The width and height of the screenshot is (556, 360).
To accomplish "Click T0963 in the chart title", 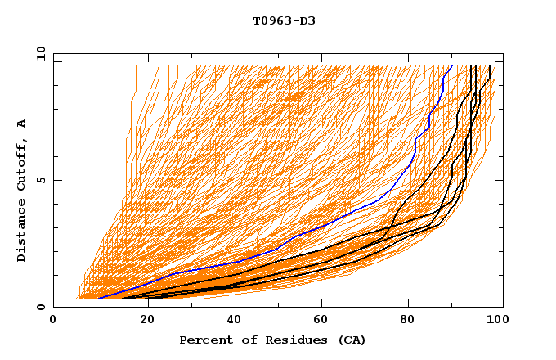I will tap(270, 21).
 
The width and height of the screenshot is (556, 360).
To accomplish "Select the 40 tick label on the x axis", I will tap(233, 321).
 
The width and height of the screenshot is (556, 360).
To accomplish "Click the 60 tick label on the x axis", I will tap(323, 321).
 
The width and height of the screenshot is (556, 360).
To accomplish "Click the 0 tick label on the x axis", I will tap(53, 321).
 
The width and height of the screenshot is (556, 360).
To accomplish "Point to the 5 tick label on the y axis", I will tap(40, 180).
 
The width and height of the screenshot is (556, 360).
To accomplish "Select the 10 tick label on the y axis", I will tap(38, 53).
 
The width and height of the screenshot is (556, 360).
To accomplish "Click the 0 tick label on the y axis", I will tap(40, 307).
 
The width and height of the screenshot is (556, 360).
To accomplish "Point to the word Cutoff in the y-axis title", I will tap(22, 169).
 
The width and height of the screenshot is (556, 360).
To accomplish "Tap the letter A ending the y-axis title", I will tap(22, 124).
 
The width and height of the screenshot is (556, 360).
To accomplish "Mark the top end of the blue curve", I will tap(451, 65).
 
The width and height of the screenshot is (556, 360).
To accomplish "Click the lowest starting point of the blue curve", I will tap(98, 298).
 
